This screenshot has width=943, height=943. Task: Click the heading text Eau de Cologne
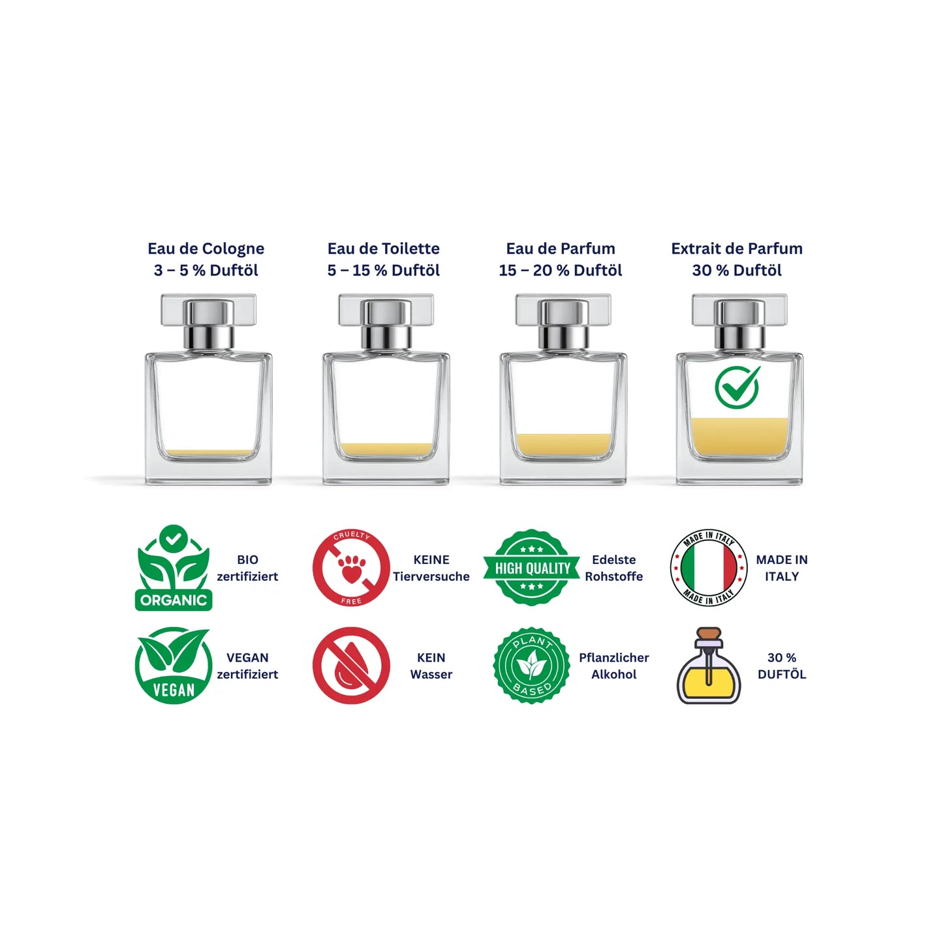pyautogui.click(x=206, y=249)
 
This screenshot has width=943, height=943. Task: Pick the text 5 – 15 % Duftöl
pyautogui.click(x=384, y=270)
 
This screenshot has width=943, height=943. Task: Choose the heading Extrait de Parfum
pyautogui.click(x=737, y=249)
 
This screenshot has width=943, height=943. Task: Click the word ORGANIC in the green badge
pyautogui.click(x=174, y=600)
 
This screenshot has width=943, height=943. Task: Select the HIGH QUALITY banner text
pyautogui.click(x=533, y=568)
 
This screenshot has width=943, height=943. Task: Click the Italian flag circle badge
pyautogui.click(x=709, y=568)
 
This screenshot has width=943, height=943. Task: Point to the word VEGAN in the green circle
pyautogui.click(x=174, y=690)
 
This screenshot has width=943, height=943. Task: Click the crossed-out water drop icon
pyautogui.click(x=351, y=666)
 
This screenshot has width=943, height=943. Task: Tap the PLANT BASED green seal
pyautogui.click(x=532, y=666)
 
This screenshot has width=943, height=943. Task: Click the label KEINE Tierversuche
pyautogui.click(x=431, y=568)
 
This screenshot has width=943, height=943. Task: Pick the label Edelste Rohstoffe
pyautogui.click(x=613, y=568)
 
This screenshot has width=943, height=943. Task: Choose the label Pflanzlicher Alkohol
pyautogui.click(x=613, y=666)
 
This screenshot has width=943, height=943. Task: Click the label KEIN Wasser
pyautogui.click(x=431, y=666)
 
